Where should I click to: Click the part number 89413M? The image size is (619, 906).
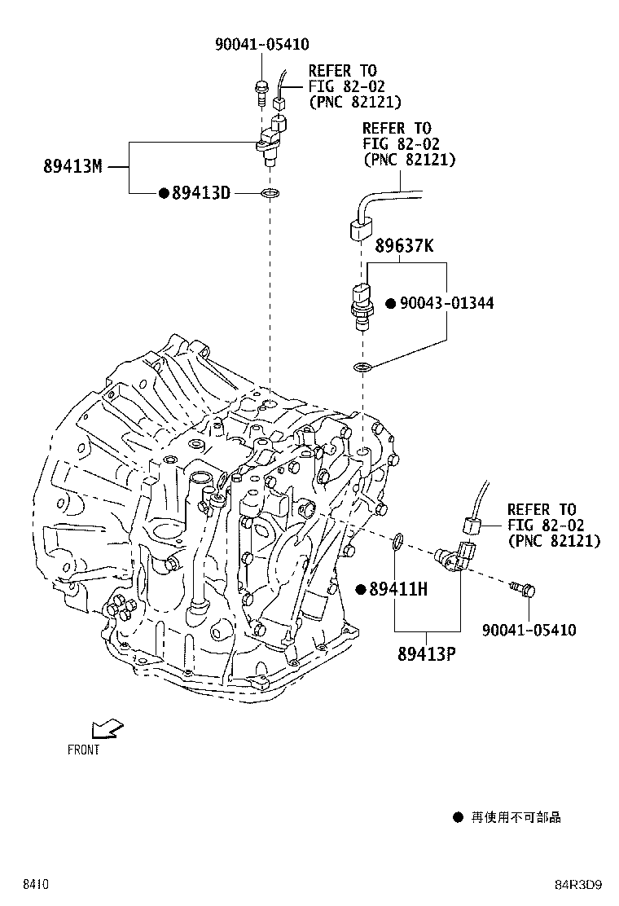coord(72,166)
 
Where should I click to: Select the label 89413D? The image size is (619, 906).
coord(201,192)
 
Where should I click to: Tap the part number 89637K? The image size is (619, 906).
coord(404,245)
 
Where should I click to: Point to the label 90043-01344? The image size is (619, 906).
coord(446,303)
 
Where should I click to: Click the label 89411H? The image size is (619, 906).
coord(398,589)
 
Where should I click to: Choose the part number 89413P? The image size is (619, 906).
coord(427,653)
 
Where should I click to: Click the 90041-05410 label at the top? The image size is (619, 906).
coord(261,44)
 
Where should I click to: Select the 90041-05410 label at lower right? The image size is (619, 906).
coord(529,629)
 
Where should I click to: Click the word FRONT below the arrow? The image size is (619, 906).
coord(84,750)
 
